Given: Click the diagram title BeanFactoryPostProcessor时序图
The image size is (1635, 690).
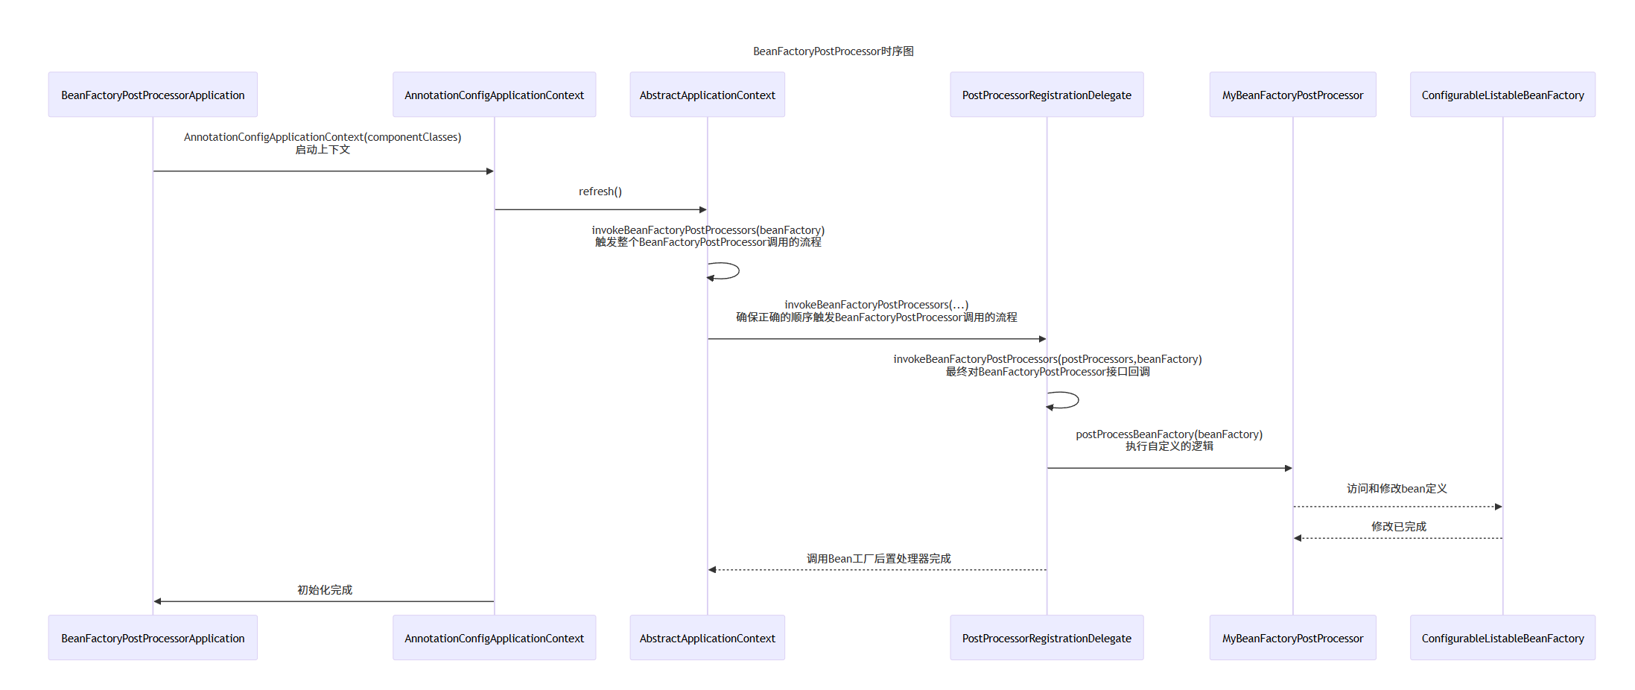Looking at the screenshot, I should click(x=833, y=51).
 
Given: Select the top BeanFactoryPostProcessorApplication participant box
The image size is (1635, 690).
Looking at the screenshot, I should click(x=153, y=95).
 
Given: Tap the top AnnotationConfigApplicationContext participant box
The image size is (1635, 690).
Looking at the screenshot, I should click(x=494, y=95).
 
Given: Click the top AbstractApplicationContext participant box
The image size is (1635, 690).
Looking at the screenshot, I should click(x=707, y=95).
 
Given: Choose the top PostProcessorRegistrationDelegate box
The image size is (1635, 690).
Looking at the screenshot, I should click(x=1047, y=95).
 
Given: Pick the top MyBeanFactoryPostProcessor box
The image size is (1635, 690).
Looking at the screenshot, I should click(x=1292, y=95).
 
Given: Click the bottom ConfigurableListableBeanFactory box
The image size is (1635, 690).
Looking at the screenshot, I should click(x=1502, y=638).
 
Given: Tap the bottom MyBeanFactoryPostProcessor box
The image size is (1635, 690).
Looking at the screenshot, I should click(x=1292, y=638).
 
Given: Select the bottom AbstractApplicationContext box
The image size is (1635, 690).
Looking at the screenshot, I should click(x=707, y=638).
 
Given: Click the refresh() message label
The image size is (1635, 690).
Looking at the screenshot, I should click(x=600, y=192).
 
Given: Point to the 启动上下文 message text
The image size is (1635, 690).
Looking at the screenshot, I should click(x=323, y=150).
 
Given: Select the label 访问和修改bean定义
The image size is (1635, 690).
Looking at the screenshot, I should click(x=1397, y=489).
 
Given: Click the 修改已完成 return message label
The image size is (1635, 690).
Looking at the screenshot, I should click(x=1398, y=527).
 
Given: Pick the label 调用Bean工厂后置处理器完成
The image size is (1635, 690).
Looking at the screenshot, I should click(x=878, y=559).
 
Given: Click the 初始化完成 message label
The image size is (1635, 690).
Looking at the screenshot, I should click(x=325, y=590).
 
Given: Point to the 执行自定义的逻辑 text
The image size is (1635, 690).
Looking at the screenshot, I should click(x=1169, y=446).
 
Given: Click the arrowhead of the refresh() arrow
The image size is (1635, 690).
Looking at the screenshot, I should click(x=702, y=210).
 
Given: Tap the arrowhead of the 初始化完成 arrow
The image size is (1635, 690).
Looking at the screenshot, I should click(x=158, y=601).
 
